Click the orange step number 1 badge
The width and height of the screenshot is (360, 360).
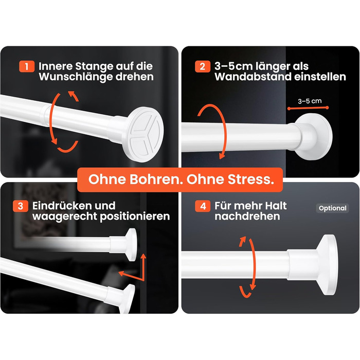(27, 66)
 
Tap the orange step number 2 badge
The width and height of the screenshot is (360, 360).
(203, 66)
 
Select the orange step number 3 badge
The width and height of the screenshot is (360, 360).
(21, 206)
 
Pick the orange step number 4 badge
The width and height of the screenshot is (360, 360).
(203, 206)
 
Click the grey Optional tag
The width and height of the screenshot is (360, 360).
(332, 208)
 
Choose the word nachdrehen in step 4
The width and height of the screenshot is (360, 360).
(247, 217)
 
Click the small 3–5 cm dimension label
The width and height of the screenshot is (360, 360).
(310, 101)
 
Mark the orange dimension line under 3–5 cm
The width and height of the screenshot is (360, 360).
(308, 108)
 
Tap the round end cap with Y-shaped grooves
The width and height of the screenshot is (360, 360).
(143, 135)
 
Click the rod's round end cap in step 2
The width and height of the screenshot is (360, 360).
(314, 137)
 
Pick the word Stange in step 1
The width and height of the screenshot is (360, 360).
(94, 67)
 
